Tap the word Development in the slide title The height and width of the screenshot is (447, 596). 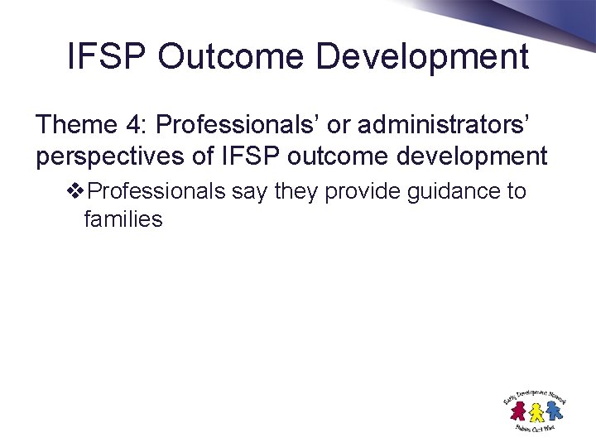click(423, 57)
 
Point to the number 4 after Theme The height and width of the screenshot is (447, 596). click(135, 125)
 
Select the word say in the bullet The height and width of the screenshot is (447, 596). click(250, 192)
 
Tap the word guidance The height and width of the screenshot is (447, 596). click(451, 192)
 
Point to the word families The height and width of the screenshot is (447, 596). click(123, 219)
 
